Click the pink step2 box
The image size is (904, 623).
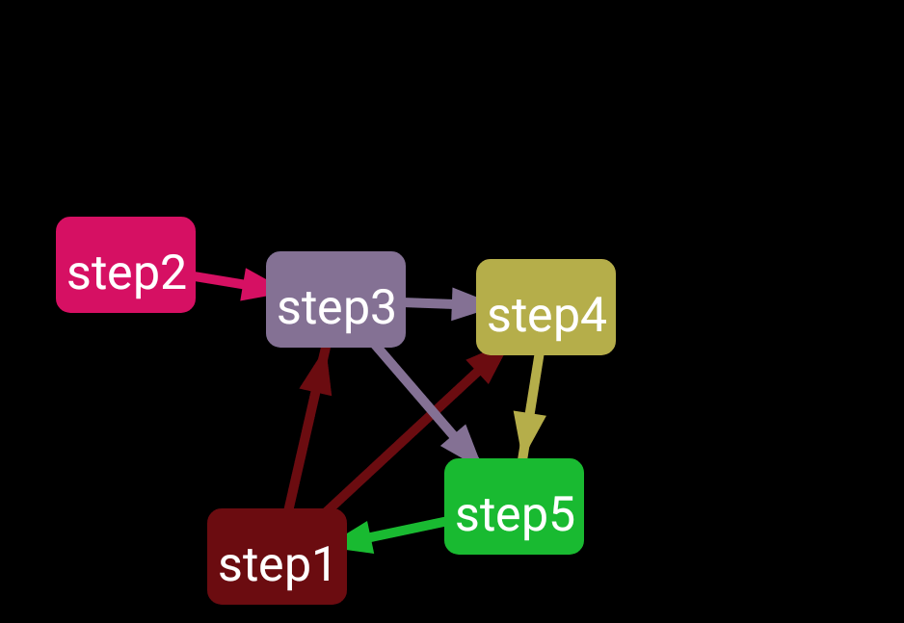pos(125,264)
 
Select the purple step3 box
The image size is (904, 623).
pos(335,299)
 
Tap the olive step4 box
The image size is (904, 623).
pos(545,306)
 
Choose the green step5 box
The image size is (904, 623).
pos(514,506)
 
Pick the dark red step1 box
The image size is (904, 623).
pos(277,556)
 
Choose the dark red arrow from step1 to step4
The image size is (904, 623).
pos(405,433)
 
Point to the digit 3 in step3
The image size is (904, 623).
pos(383,308)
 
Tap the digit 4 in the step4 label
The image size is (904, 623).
pos(593,316)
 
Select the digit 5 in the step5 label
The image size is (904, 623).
pos(561,515)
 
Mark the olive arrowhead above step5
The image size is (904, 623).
pos(528,431)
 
